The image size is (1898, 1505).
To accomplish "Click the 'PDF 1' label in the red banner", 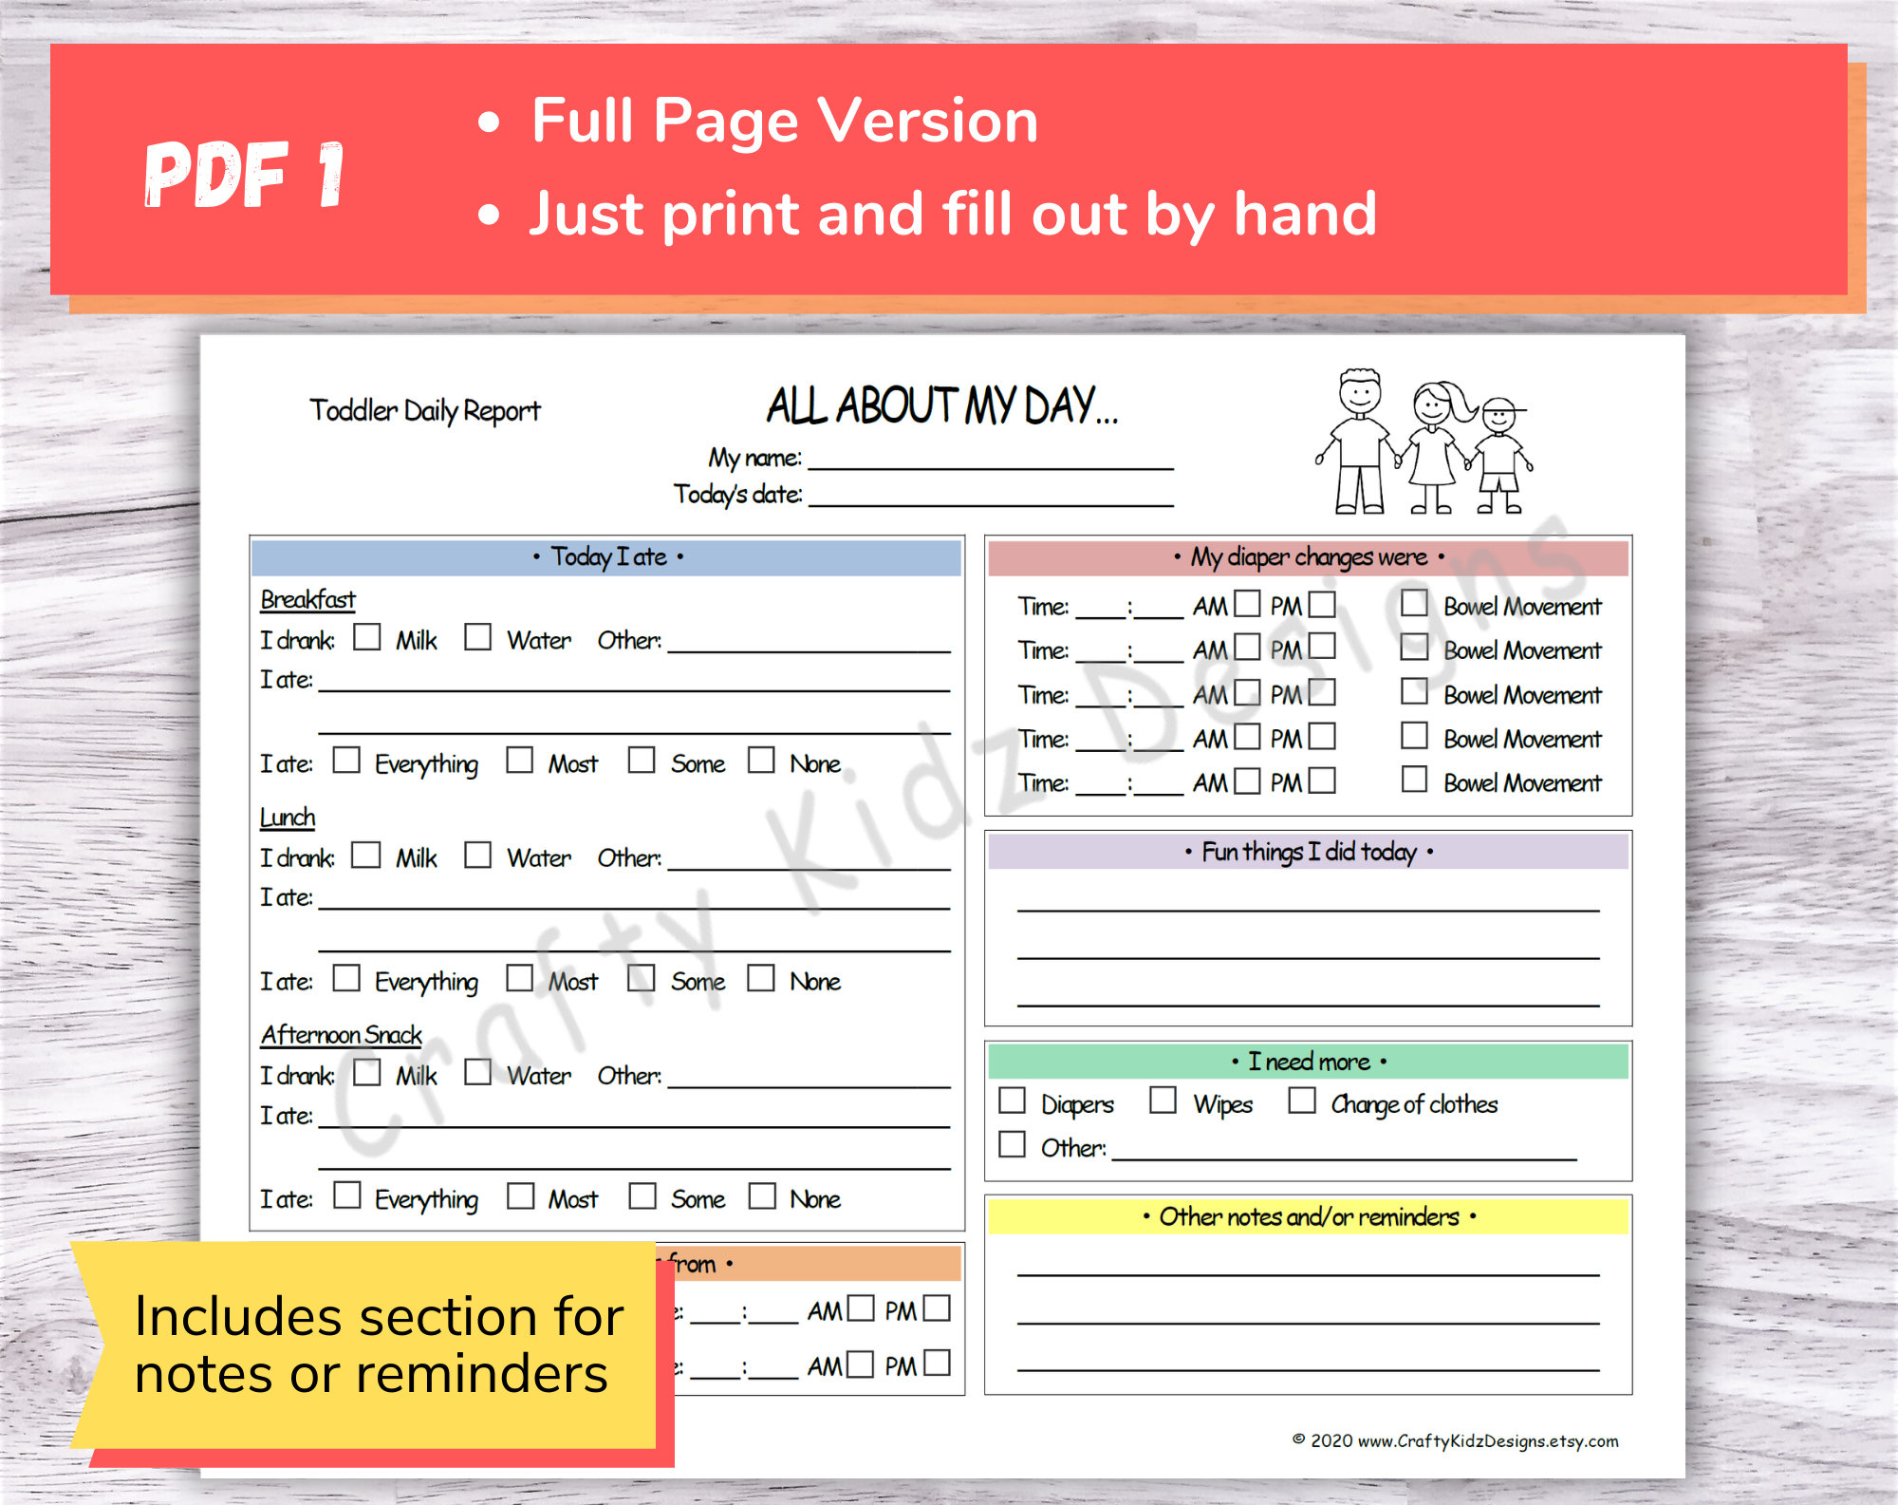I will click(244, 175).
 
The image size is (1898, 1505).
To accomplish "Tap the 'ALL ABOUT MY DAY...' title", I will click(941, 406).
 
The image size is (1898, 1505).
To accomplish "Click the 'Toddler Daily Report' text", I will click(424, 410).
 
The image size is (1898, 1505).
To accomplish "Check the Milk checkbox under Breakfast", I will click(366, 636).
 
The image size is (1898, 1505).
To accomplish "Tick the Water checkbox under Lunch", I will click(477, 855).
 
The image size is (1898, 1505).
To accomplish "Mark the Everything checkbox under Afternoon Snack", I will click(347, 1195).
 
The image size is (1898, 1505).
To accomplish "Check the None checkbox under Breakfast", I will click(761, 760).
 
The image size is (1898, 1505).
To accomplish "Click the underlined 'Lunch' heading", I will click(288, 818).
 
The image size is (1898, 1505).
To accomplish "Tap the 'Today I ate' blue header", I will click(607, 557).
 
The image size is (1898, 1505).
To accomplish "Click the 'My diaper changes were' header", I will click(1308, 557).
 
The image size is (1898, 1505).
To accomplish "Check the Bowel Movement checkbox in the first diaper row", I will click(1414, 603).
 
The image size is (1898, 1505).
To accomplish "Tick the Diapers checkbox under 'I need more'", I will click(1013, 1101).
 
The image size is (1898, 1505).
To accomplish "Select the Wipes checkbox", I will click(1163, 1101).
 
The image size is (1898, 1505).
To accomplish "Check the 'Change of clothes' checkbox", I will click(1301, 1101).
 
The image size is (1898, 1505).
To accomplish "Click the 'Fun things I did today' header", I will click(1308, 852).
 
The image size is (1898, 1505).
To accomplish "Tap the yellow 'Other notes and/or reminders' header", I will click(1308, 1217).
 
